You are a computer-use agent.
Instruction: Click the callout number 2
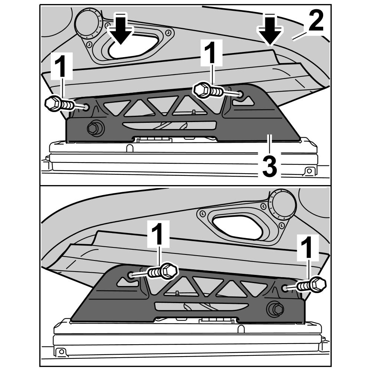click(x=316, y=21)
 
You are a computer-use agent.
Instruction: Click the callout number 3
click(x=270, y=167)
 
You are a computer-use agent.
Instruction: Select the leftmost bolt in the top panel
click(x=60, y=104)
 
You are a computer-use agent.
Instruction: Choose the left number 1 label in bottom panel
click(x=158, y=234)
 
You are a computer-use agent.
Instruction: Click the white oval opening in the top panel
click(x=132, y=46)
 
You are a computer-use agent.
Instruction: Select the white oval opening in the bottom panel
click(x=237, y=227)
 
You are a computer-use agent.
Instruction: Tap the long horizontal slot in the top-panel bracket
click(x=169, y=125)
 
